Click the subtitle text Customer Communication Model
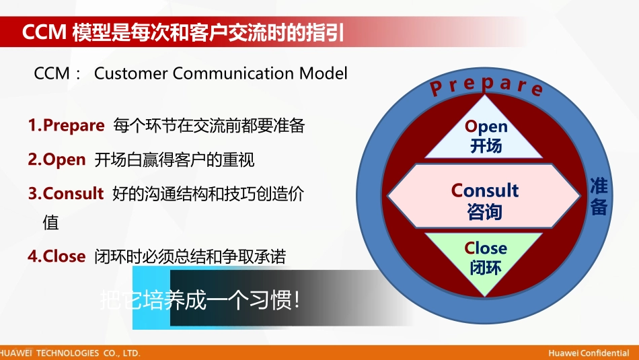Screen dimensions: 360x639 pos(221,73)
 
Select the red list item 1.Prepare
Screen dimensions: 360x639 pos(66,126)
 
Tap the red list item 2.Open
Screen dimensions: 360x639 pos(57,160)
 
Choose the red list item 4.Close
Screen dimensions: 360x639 pos(57,256)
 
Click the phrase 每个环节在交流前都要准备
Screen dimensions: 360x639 pos(209,126)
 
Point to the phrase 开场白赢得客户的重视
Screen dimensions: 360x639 pos(174,160)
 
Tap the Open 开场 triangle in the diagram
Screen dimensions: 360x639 pos(486,135)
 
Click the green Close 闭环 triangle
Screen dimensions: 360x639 pos(485,258)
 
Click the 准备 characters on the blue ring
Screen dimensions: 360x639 pos(598,196)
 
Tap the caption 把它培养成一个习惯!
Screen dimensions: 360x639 pos(199,299)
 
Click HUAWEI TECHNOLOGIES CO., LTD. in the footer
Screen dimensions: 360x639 pos(70,353)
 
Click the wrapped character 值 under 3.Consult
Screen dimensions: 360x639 pos(50,223)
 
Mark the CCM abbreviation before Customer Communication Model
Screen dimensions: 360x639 pos(52,73)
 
